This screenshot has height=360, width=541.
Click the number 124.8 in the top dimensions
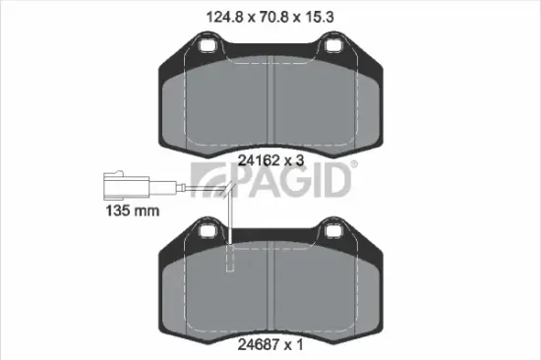(221, 15)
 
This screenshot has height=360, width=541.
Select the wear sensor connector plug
(120, 184)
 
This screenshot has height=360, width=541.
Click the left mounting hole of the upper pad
(208, 45)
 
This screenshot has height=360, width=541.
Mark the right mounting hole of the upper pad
(333, 45)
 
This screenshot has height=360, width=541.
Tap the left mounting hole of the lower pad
(208, 230)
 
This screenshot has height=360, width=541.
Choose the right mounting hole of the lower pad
(333, 230)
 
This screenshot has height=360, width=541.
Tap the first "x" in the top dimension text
(248, 15)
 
